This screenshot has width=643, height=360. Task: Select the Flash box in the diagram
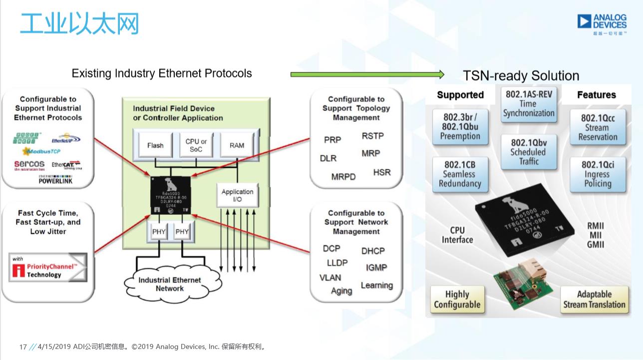coord(155,145)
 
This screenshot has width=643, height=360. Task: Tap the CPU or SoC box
coord(196,145)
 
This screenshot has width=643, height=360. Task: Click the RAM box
coord(237,145)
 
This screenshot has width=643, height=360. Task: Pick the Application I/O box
coord(237,195)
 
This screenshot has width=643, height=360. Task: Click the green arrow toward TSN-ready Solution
coord(367,74)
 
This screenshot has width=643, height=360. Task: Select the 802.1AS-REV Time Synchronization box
coord(529,103)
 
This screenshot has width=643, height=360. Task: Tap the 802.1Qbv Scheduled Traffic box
coord(529,152)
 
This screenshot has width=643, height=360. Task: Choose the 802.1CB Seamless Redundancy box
coord(460,174)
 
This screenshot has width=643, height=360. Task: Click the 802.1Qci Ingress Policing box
coord(598,174)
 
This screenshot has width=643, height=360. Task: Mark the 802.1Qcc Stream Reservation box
coord(598,127)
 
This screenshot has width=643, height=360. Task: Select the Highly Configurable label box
coord(457,300)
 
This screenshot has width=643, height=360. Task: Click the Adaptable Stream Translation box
coord(594,300)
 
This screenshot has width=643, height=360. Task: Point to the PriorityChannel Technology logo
coord(48,268)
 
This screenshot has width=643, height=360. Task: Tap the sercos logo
coord(29,165)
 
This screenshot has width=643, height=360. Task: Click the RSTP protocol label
coord(372,136)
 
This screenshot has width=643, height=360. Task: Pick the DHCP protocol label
coord(373,251)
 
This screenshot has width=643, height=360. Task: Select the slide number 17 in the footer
coord(22,347)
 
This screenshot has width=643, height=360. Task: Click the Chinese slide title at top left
coord(79,23)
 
